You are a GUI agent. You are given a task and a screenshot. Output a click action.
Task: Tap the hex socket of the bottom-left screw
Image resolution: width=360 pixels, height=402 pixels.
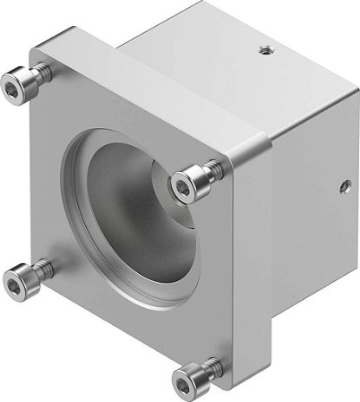point(16,285)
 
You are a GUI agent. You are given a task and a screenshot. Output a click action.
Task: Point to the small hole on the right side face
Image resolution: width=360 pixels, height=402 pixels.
point(341,189)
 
